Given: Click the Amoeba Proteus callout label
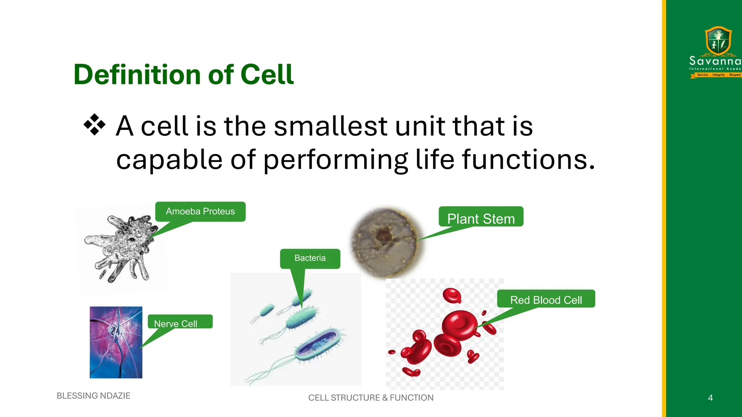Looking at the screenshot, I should click(200, 211).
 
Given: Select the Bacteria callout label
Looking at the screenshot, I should click(310, 258).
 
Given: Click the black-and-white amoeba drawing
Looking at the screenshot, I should click(121, 248).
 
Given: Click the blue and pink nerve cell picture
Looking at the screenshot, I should click(116, 342).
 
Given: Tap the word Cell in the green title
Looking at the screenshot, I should click(267, 75).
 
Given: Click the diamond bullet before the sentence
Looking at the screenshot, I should click(95, 125).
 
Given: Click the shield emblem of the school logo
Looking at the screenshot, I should click(718, 41).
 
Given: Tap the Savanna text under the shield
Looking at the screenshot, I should click(714, 61).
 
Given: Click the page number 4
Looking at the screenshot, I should click(710, 398).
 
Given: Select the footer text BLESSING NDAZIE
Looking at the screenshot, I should click(93, 396).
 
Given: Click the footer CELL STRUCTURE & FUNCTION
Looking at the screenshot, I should click(371, 398).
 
